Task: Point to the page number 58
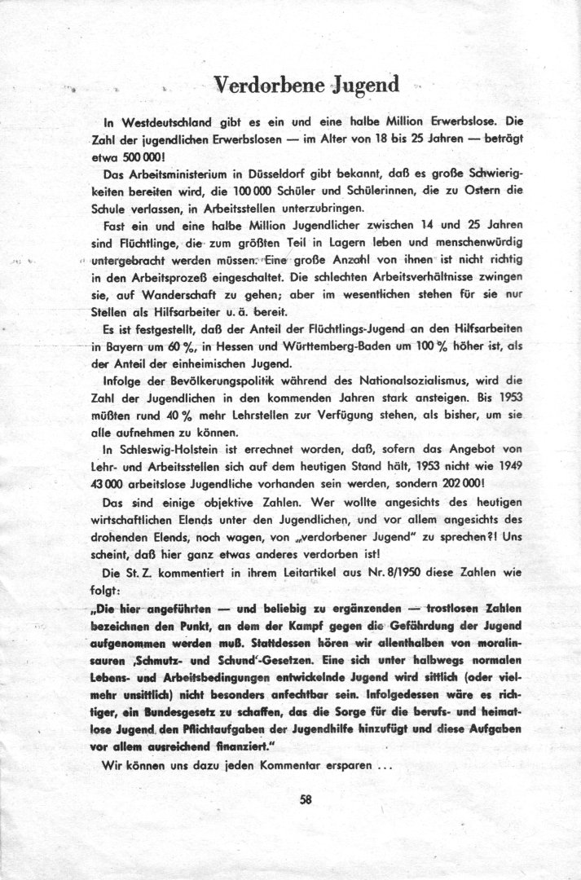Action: pos(306,800)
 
